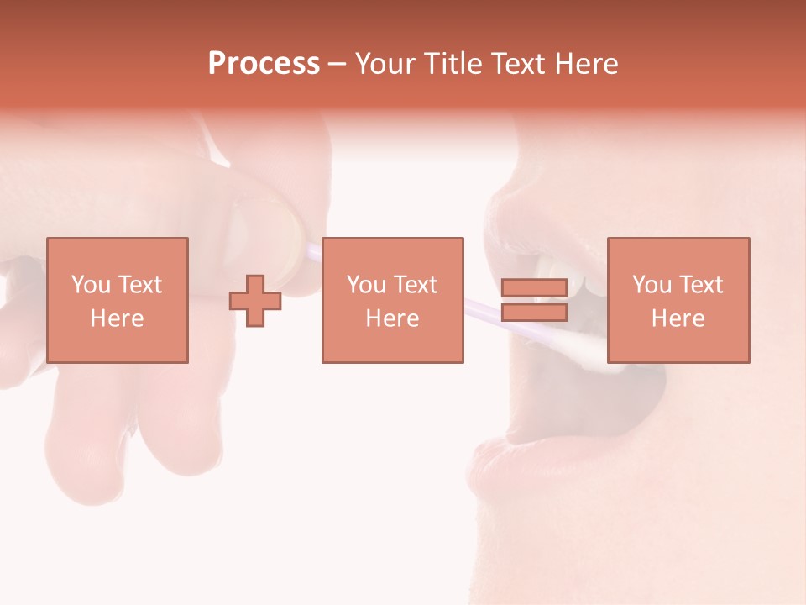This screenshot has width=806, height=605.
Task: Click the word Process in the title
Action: point(264,64)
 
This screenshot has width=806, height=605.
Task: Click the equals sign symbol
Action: point(534,300)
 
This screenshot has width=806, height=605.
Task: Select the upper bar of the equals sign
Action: point(534,288)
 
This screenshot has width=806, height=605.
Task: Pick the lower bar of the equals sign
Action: point(534,312)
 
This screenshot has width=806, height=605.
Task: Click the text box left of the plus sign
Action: point(118,300)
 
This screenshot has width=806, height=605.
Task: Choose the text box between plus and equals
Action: point(392,300)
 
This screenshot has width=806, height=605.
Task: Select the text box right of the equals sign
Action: point(678,300)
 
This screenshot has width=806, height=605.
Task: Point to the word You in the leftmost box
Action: point(89,285)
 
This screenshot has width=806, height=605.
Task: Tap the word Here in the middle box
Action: point(392,318)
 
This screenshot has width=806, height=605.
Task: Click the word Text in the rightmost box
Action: point(703,285)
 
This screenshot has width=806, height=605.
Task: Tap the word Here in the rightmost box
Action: point(678,318)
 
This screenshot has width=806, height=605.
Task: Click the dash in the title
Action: point(338,64)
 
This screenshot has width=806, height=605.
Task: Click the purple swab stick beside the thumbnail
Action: point(312,250)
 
